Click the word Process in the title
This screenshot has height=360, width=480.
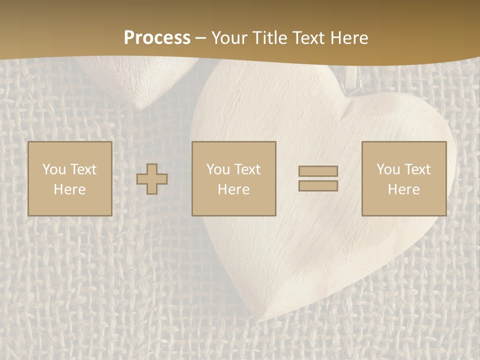(157, 38)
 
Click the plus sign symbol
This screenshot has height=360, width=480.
(152, 179)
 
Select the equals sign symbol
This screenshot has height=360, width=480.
(318, 178)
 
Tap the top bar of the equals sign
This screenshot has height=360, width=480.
(318, 171)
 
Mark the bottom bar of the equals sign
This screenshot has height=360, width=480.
(318, 186)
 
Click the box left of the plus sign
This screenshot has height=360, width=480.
(69, 178)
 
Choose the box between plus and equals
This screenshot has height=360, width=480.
(233, 178)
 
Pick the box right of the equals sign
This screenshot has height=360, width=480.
(403, 178)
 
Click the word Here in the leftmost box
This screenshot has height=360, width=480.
(69, 189)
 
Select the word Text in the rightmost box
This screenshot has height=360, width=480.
(418, 169)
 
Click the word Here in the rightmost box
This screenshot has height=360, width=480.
(403, 189)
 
